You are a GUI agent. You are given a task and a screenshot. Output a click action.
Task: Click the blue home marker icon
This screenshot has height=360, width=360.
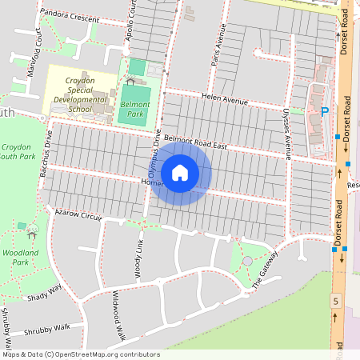point(180,172)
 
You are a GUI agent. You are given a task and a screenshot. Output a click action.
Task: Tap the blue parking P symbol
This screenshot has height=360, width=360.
point(324,111)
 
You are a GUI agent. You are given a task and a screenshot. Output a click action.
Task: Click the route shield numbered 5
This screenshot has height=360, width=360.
point(336,300)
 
